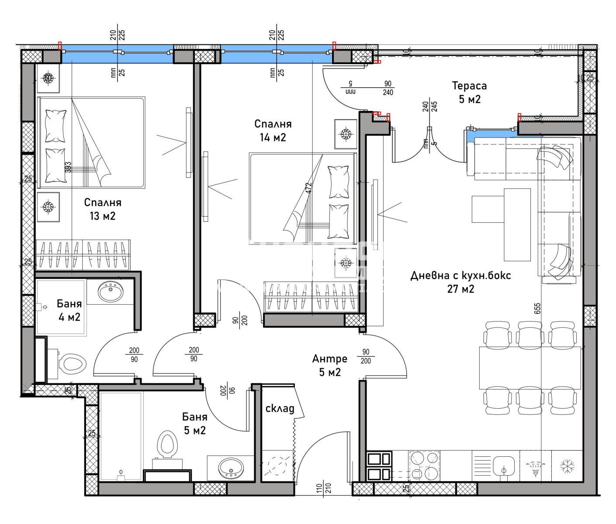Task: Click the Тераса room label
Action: coord(469,92)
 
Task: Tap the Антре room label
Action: coord(330,365)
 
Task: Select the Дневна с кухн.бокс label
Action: coord(460,282)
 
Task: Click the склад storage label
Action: coord(280,408)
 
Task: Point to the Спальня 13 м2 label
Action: coord(103,209)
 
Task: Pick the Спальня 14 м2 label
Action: coord(273,130)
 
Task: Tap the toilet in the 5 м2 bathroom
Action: coord(167,445)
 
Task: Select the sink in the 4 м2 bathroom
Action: coord(110,291)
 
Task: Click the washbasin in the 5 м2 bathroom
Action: coord(230,468)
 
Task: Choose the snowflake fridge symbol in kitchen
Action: coord(567,466)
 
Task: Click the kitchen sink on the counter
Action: coord(504,466)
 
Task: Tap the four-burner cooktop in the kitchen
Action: coord(424,465)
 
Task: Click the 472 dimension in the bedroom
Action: coord(309,188)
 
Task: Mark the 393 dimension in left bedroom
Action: coord(68,167)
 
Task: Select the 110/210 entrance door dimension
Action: coord(324,488)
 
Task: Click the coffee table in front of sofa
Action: coord(517,224)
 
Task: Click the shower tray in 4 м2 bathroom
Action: coord(61,307)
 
